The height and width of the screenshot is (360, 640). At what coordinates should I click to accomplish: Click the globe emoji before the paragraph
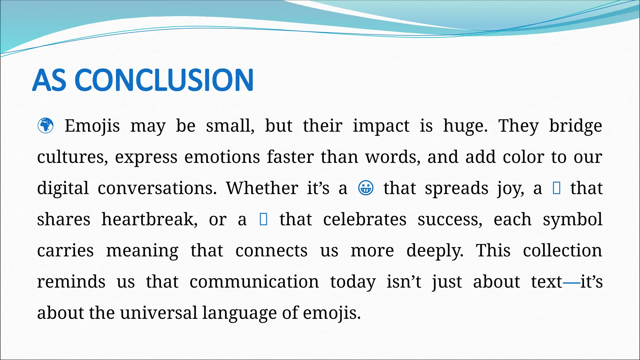45,126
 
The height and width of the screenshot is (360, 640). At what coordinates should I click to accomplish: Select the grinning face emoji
365,188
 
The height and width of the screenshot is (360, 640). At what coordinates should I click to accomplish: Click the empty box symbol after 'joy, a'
557,188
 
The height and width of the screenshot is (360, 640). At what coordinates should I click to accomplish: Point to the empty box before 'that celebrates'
263,219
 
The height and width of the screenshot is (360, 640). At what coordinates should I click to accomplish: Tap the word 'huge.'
465,126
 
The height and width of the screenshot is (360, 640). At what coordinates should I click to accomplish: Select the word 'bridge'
575,126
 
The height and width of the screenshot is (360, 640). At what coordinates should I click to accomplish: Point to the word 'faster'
290,157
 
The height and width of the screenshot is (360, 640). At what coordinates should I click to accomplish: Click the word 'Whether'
262,188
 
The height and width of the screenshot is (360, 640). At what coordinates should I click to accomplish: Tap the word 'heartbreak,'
149,219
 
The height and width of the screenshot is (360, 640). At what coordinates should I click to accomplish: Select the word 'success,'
450,219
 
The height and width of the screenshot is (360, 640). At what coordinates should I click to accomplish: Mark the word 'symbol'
572,219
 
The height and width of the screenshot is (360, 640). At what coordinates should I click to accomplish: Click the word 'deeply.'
435,251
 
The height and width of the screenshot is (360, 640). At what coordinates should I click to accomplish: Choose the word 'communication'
254,282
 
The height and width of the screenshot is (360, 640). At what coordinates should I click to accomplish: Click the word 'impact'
381,126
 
